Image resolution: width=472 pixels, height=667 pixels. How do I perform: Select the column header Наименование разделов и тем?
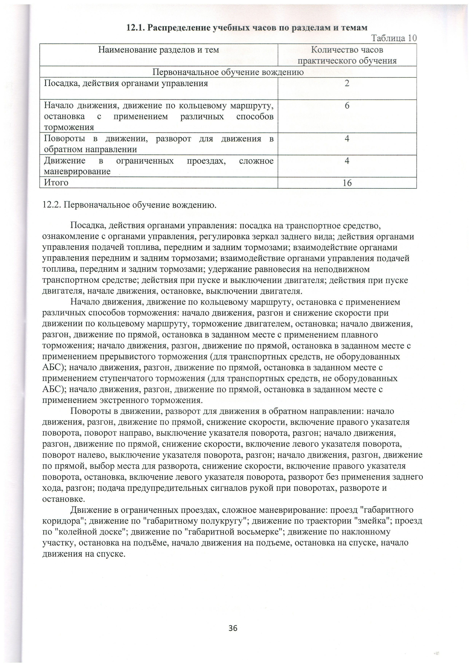point(158,50)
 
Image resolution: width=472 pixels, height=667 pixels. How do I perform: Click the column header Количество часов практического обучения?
point(347,55)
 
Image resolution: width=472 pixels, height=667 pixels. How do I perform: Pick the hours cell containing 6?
point(347,106)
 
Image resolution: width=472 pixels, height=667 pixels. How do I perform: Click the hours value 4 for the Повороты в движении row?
point(347,139)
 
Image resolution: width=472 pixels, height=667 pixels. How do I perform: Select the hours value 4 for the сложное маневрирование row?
point(347,161)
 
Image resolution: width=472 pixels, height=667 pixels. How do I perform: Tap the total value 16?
point(347,183)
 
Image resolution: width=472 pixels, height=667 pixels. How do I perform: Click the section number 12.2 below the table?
point(51,205)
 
